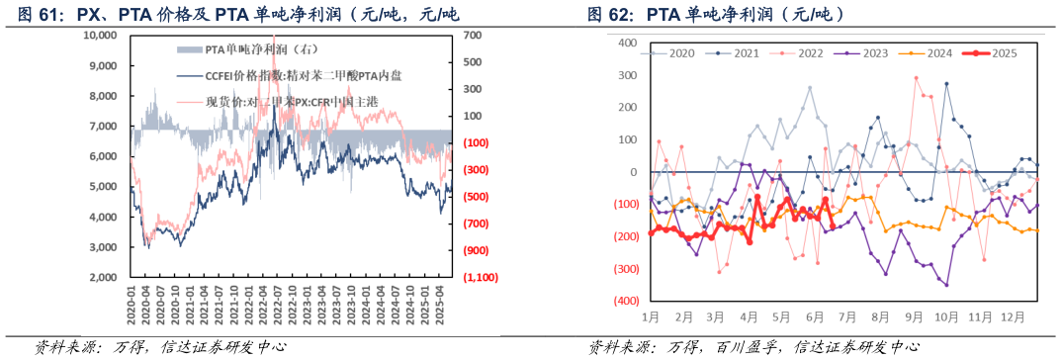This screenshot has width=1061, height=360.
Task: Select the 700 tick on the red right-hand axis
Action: [x=472, y=35]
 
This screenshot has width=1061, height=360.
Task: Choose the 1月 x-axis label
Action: [x=651, y=317]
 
